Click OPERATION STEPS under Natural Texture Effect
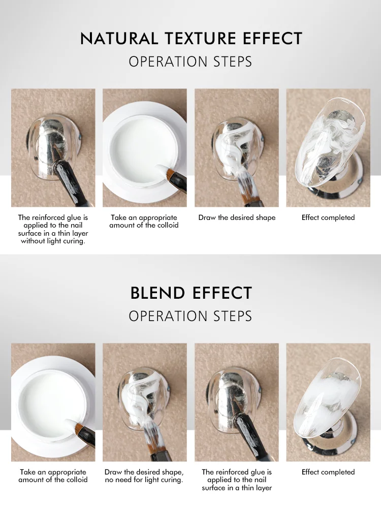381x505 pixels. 190,62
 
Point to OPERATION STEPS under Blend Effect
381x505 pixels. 190,316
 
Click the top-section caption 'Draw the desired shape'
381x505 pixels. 237,217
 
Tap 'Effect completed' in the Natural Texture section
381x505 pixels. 328,217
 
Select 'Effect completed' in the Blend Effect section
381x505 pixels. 328,472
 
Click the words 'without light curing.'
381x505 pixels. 53,241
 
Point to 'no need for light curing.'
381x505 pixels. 144,480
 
